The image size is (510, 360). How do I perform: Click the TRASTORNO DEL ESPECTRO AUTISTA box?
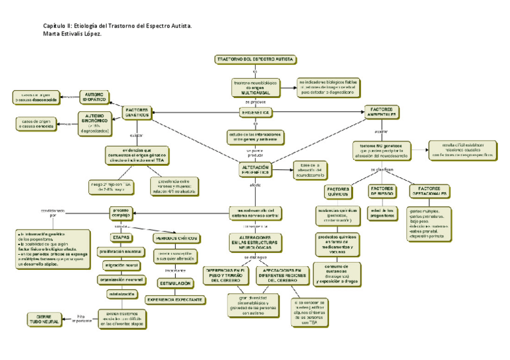pos(255,59)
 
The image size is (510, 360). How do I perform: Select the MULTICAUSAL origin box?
pos(255,88)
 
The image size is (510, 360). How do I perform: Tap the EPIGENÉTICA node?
pos(255,112)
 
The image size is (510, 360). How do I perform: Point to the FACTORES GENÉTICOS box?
pos(137,112)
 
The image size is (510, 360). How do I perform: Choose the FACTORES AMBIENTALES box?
pos(381,112)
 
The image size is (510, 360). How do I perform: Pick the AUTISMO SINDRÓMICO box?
pos(94,123)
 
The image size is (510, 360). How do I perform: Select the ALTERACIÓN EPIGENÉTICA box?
pos(255,169)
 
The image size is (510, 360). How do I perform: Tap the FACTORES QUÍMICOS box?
pos(337,192)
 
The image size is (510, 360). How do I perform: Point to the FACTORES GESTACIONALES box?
pos(429,192)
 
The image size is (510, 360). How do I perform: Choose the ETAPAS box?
pos(120,237)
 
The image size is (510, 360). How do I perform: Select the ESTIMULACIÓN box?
pos(175,282)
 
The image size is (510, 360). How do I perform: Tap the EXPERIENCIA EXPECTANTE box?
pos(175,299)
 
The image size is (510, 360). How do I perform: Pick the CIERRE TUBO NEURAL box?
pos(44,319)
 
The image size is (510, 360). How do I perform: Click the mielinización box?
pos(121,294)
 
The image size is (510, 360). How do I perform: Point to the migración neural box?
pos(121,265)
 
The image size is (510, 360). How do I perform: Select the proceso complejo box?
pos(120,213)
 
